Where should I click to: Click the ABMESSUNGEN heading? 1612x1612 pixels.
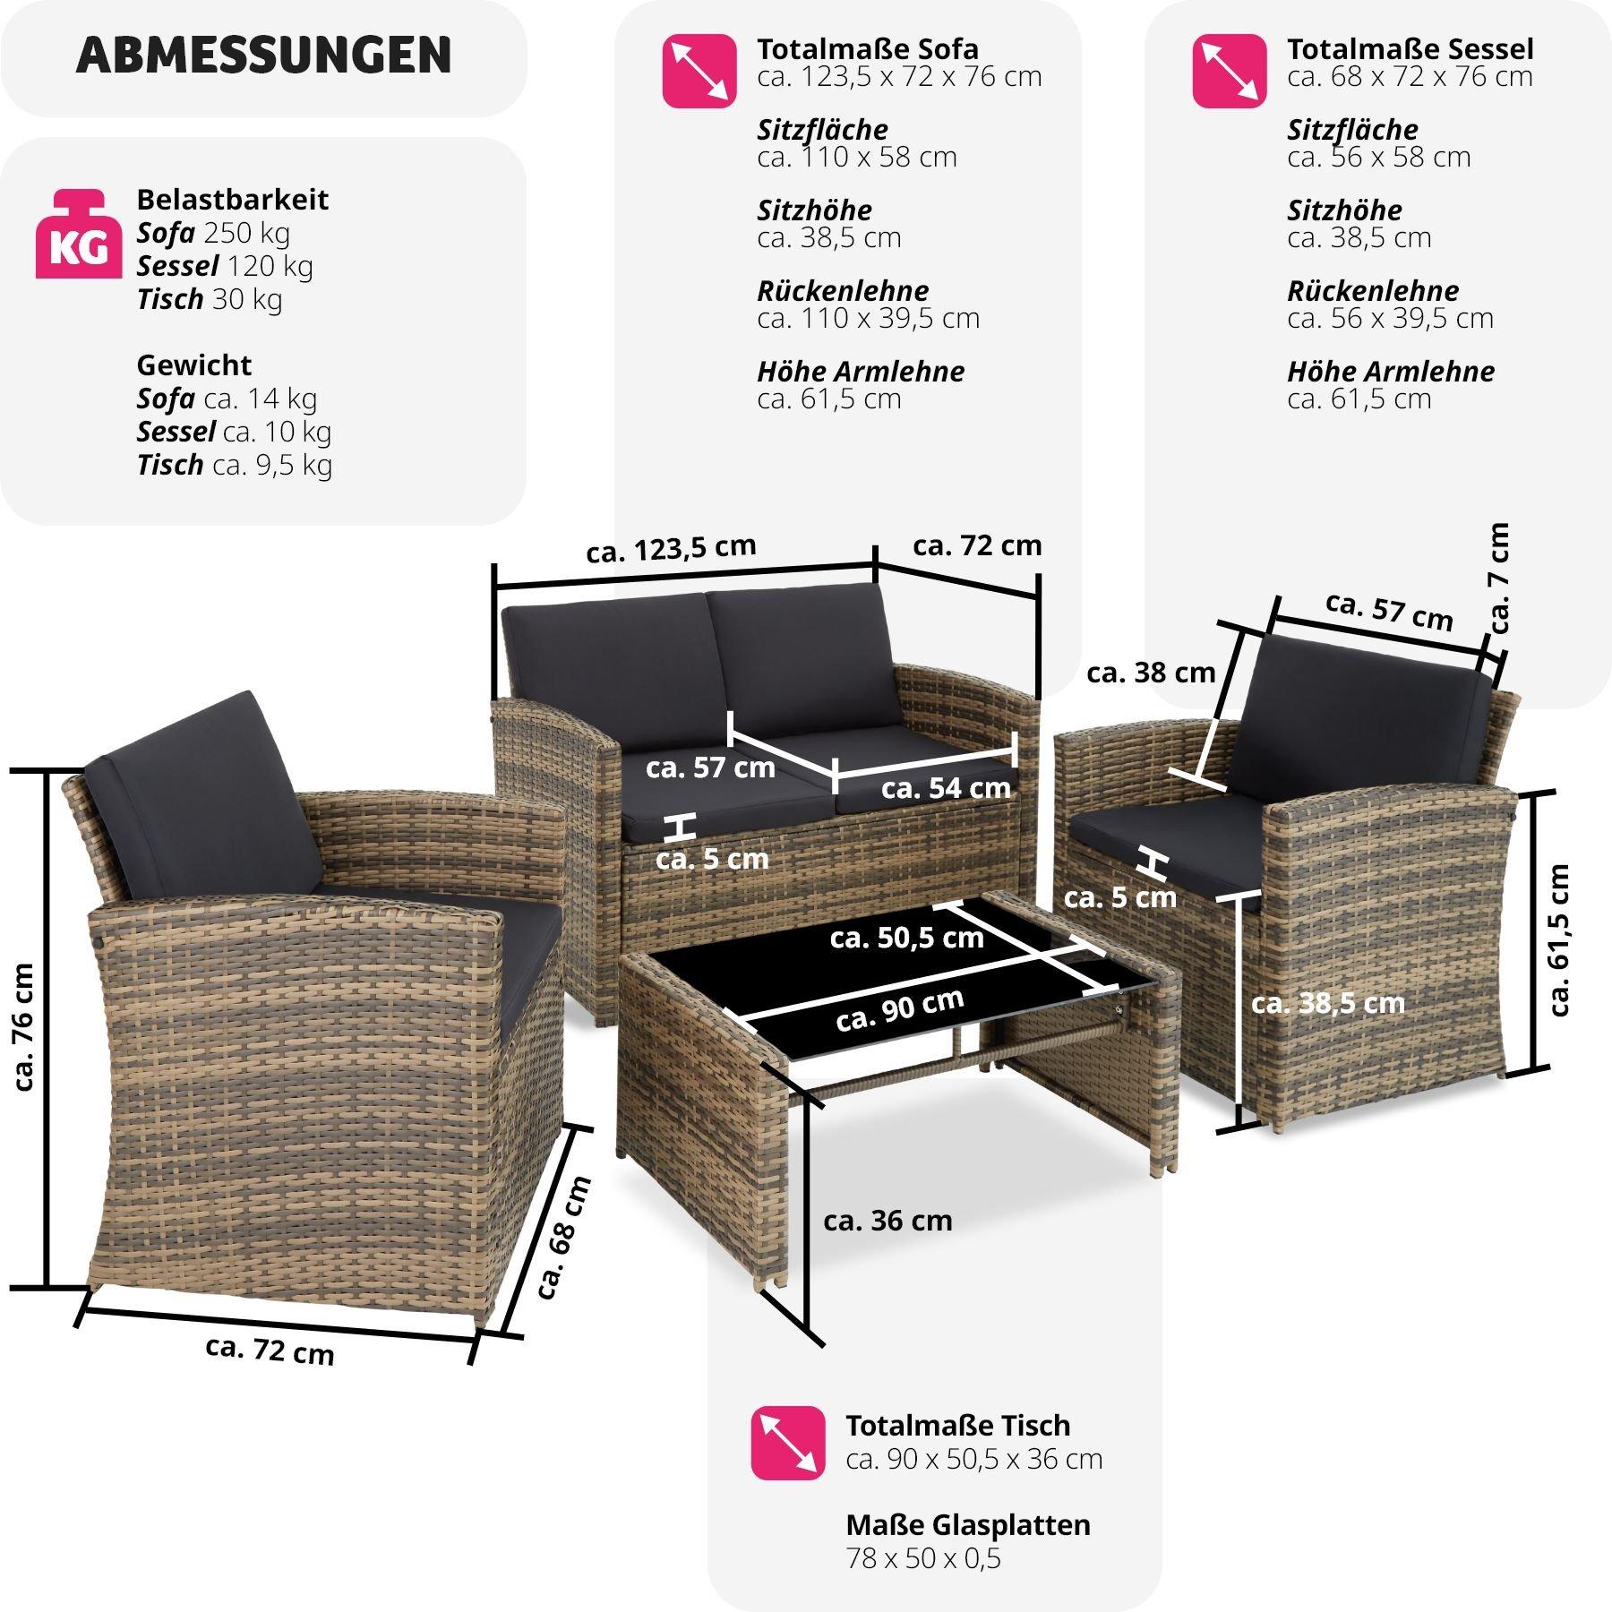263,56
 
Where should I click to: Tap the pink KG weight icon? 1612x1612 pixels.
79,235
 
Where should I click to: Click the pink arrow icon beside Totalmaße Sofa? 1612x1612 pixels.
699,71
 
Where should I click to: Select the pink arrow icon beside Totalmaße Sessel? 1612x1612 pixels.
1229,71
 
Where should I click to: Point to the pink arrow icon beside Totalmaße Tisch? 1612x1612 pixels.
787,1442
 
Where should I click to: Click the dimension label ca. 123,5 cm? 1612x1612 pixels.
671,549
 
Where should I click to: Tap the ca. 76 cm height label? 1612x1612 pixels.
24,1026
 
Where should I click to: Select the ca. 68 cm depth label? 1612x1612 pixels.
564,1237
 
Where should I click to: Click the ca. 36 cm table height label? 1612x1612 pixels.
887,1221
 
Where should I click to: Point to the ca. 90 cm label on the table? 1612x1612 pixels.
899,1009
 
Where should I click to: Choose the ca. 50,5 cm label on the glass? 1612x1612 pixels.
906,938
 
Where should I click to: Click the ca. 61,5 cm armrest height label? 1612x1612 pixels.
1559,939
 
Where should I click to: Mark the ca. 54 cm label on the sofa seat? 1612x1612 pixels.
946,788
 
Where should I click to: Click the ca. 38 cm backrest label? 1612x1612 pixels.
1151,672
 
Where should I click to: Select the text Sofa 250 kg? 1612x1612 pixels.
213,233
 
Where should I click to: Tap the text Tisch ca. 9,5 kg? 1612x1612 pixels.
234,465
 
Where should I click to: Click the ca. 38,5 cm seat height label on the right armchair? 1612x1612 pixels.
1327,1003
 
